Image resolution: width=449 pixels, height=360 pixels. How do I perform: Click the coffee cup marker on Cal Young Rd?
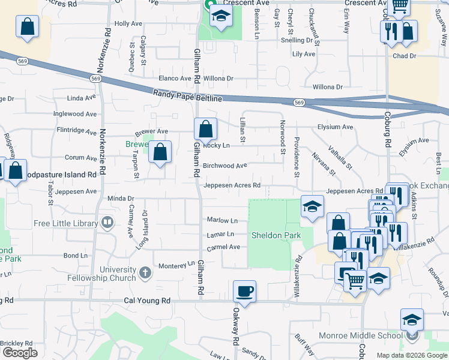pyautogui.click(x=244, y=292)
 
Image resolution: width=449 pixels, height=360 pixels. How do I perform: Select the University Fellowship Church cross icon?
pyautogui.click(x=145, y=274)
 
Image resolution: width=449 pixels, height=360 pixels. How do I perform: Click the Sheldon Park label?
pyautogui.click(x=276, y=236)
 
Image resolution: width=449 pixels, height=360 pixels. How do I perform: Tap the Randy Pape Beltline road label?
pyautogui.click(x=187, y=96)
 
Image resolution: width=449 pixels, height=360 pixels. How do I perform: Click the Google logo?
pyautogui.click(x=19, y=353)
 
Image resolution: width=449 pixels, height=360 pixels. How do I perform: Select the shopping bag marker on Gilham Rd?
pyautogui.click(x=205, y=129)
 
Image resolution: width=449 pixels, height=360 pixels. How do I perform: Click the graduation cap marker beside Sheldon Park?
pyautogui.click(x=312, y=207)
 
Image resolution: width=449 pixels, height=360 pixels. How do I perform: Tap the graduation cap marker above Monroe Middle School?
pyautogui.click(x=412, y=320)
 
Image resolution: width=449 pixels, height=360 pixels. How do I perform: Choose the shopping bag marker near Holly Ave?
pyautogui.click(x=27, y=27)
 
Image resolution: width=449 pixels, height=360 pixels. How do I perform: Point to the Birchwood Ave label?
pyautogui.click(x=225, y=166)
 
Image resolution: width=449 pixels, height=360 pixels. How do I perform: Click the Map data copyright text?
pyautogui.click(x=411, y=355)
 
